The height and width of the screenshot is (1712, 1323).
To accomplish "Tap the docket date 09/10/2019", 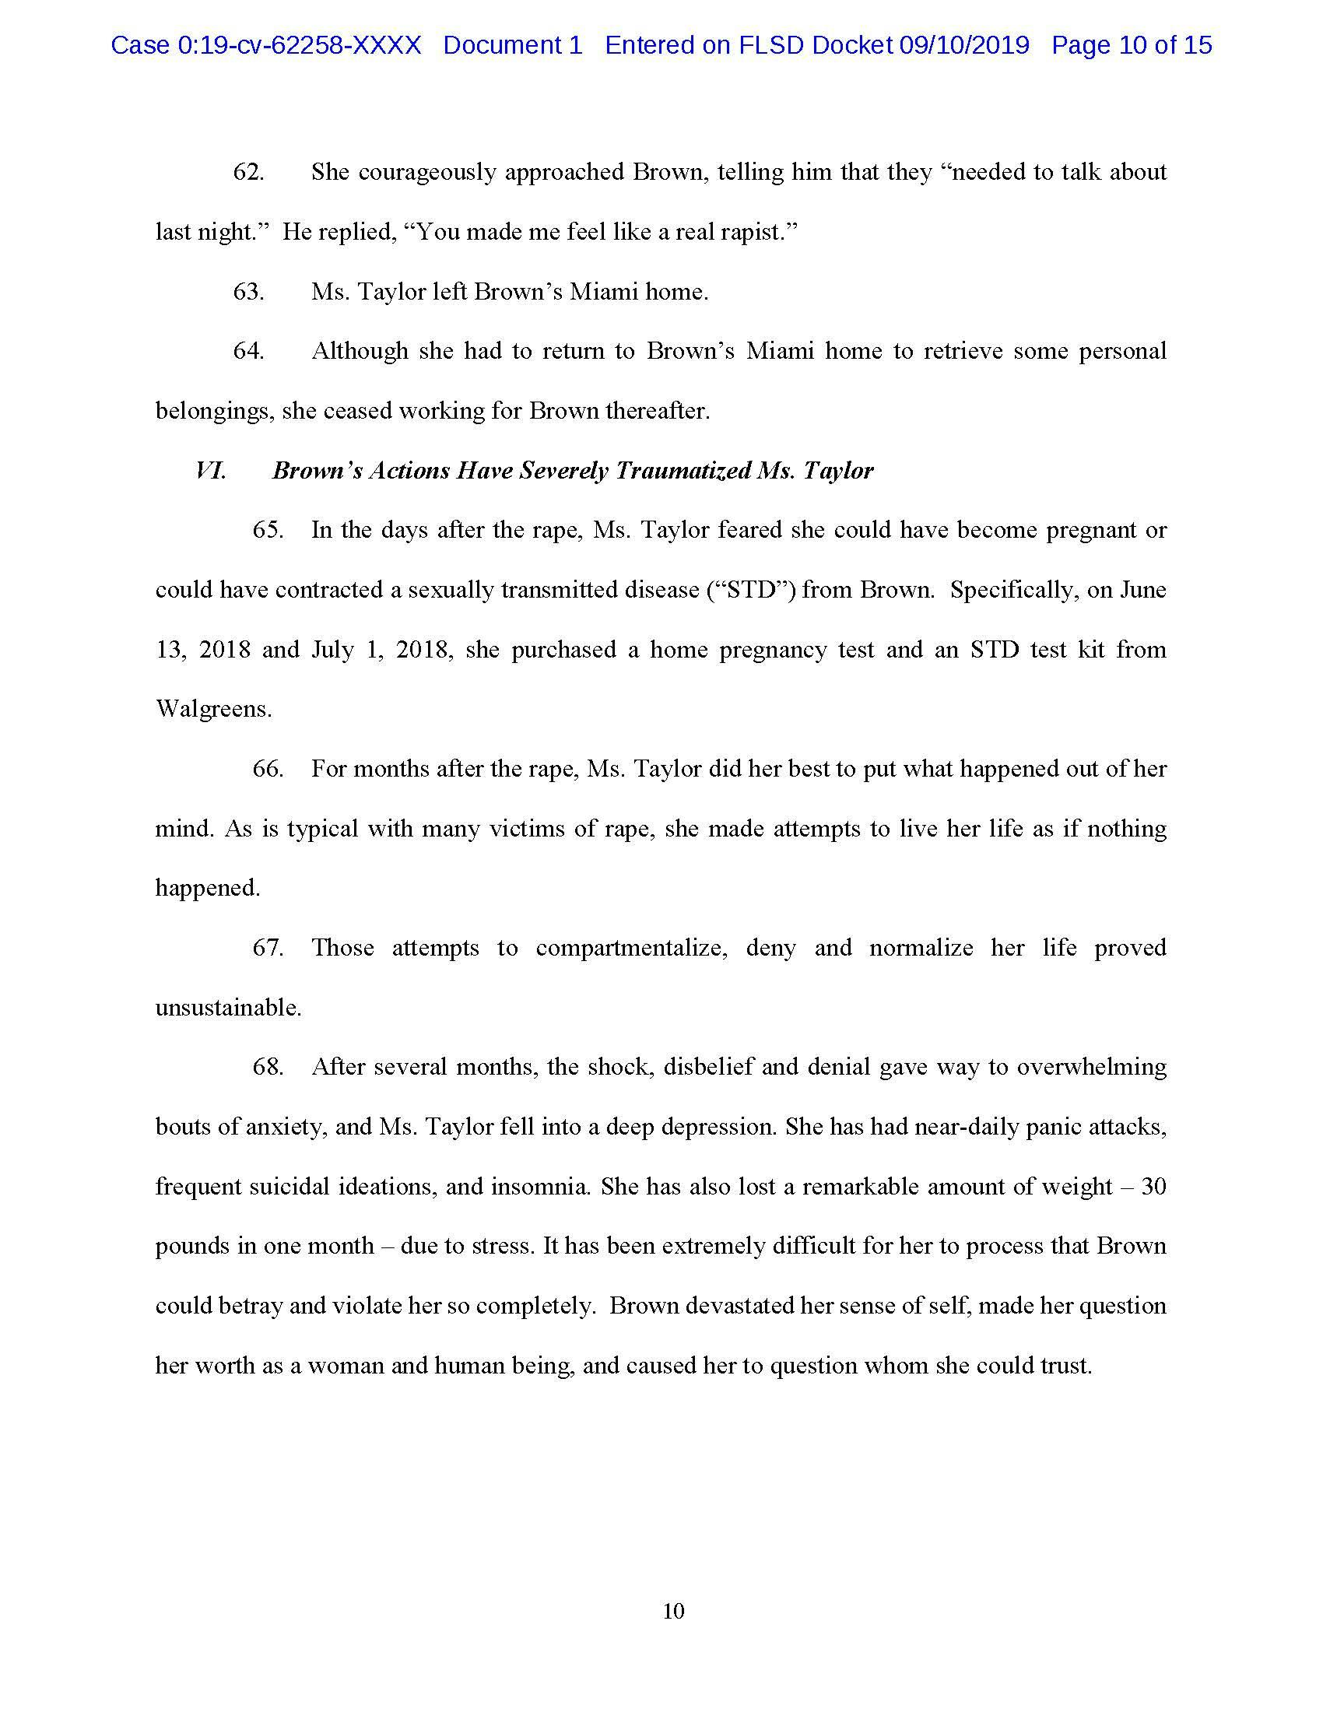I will coord(963,45).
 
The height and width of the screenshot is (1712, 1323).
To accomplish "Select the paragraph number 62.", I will coord(248,173).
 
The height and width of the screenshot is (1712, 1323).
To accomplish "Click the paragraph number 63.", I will coord(248,292).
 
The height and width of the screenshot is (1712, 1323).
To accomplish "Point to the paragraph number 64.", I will coord(248,351).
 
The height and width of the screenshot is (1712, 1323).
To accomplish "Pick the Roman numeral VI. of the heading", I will coord(211,470).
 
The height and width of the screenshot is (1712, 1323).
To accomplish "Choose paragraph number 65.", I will coord(268,530).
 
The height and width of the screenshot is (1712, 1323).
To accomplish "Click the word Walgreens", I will coord(213,709).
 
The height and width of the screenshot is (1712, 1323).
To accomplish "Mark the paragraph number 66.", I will coord(268,768).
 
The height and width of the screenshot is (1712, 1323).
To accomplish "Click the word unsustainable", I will coord(228,1007).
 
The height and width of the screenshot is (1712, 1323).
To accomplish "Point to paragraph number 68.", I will coord(268,1067).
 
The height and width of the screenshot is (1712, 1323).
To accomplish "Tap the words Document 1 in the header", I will coord(513,45).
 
